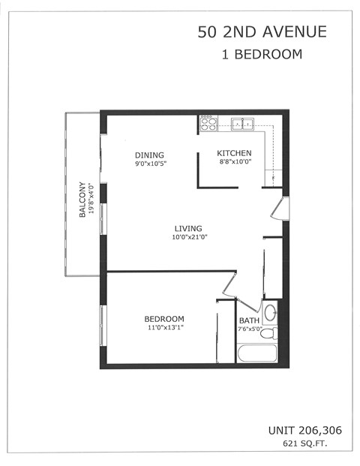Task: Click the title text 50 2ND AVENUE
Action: pyautogui.click(x=262, y=32)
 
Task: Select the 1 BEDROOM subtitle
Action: pyautogui.click(x=262, y=54)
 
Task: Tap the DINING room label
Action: pyautogui.click(x=150, y=155)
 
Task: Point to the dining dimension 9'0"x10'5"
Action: pyautogui.click(x=150, y=164)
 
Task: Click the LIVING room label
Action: pyautogui.click(x=188, y=229)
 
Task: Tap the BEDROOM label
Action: pyautogui.click(x=164, y=319)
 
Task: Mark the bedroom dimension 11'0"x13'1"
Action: pyautogui.click(x=164, y=327)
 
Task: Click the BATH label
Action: pyautogui.click(x=249, y=320)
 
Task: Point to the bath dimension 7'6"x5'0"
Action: pyautogui.click(x=249, y=329)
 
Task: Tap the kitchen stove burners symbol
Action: pyautogui.click(x=208, y=123)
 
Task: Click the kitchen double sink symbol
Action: pyautogui.click(x=241, y=124)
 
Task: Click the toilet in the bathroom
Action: pyautogui.click(x=271, y=313)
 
